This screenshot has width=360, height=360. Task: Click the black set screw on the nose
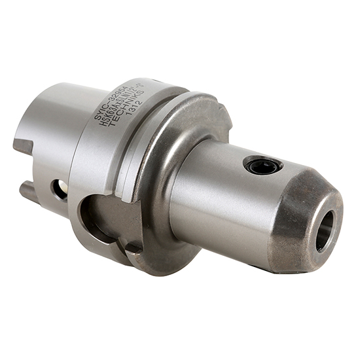263,166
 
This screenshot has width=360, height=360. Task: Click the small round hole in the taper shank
60,189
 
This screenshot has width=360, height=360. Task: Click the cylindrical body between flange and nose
223,196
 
